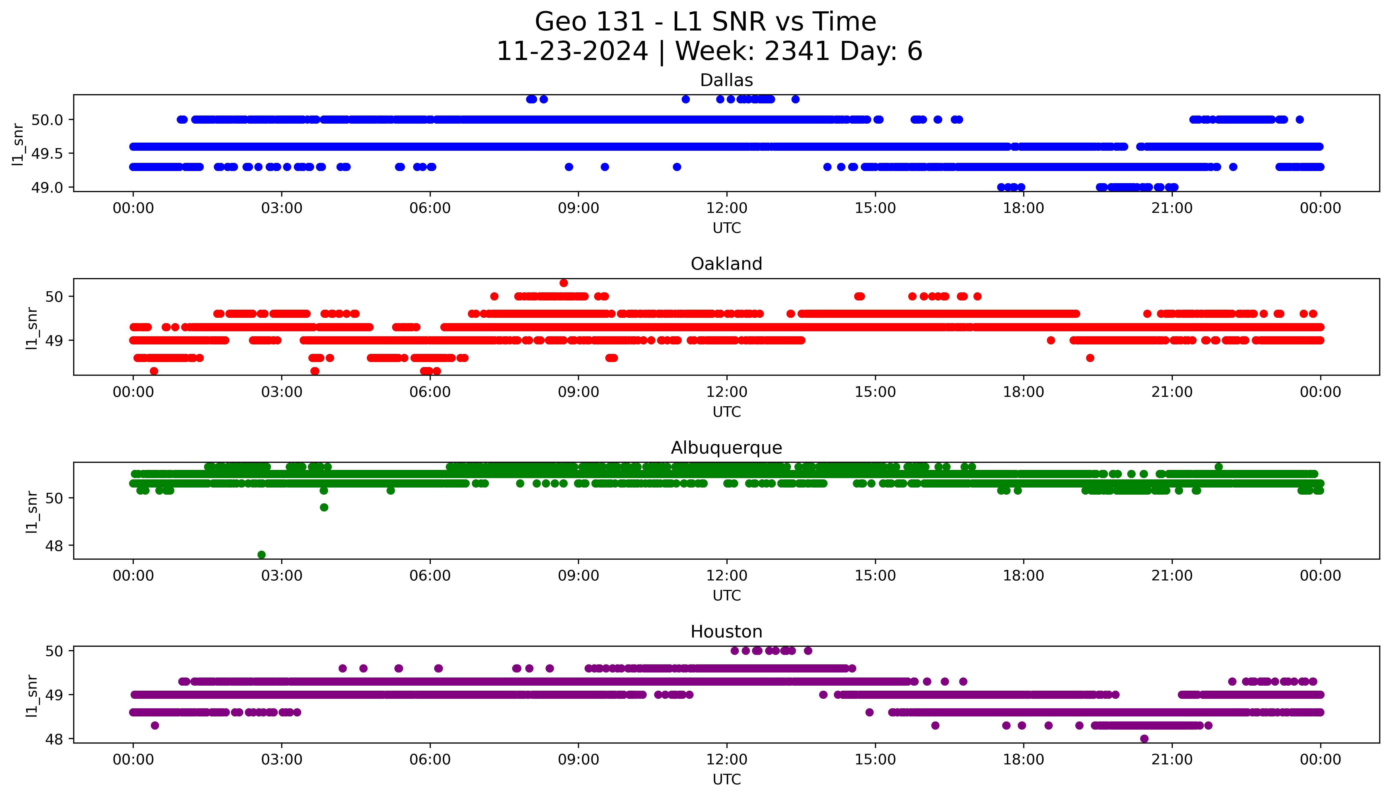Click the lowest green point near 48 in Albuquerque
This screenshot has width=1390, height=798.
[261, 555]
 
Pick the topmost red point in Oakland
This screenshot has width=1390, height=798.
[564, 283]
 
